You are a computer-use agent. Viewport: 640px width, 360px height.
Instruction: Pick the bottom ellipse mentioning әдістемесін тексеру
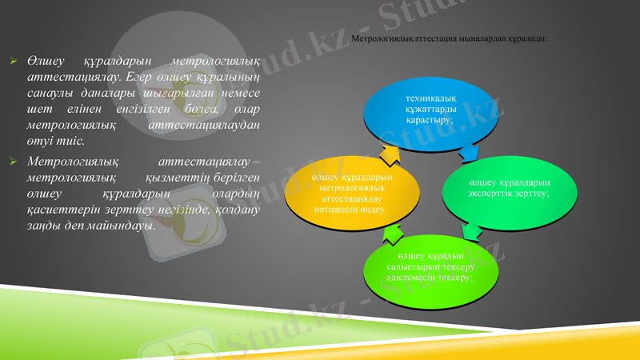point(432,267)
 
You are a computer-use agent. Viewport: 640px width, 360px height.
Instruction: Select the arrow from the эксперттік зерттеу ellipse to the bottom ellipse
point(472,230)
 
